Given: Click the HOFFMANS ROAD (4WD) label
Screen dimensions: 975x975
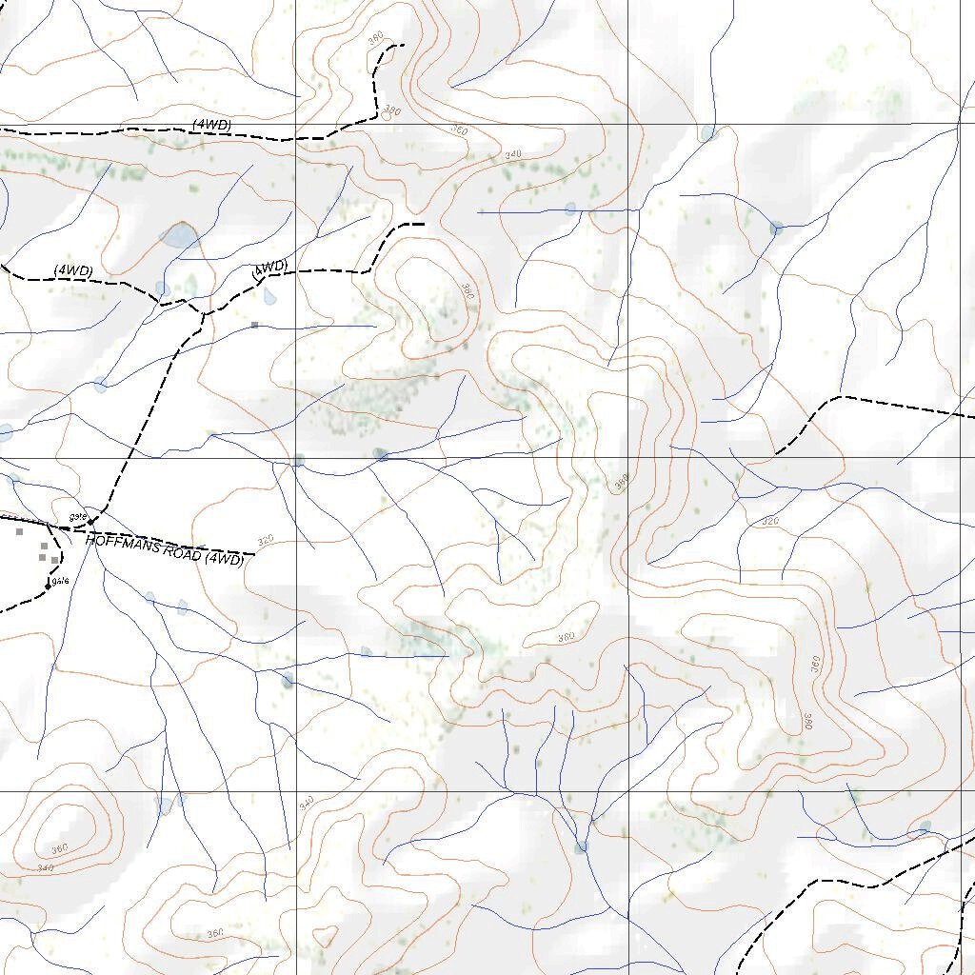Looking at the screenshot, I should (165, 550).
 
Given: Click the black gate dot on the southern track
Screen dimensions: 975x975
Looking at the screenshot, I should (48, 587).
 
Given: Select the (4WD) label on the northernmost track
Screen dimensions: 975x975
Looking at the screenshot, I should (211, 125).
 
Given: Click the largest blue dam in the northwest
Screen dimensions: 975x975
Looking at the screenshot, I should (179, 234).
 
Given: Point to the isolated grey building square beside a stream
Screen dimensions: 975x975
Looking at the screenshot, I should (254, 325).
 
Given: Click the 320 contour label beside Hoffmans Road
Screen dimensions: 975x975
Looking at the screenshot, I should (266, 540).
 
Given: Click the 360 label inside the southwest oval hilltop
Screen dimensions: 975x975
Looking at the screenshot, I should (59, 848).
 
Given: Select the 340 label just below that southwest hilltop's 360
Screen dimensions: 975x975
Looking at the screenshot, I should (45, 867).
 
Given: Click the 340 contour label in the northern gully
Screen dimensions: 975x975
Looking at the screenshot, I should (514, 153).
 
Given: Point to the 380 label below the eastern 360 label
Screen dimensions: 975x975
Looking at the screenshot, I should (807, 722).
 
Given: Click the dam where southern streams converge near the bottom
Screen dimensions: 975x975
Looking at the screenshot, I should (581, 846).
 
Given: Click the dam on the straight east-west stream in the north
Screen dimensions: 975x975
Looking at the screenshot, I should (570, 209).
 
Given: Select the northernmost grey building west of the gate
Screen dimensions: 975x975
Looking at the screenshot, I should (19, 532).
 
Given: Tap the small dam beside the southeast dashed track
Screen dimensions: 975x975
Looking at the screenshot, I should (925, 826).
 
